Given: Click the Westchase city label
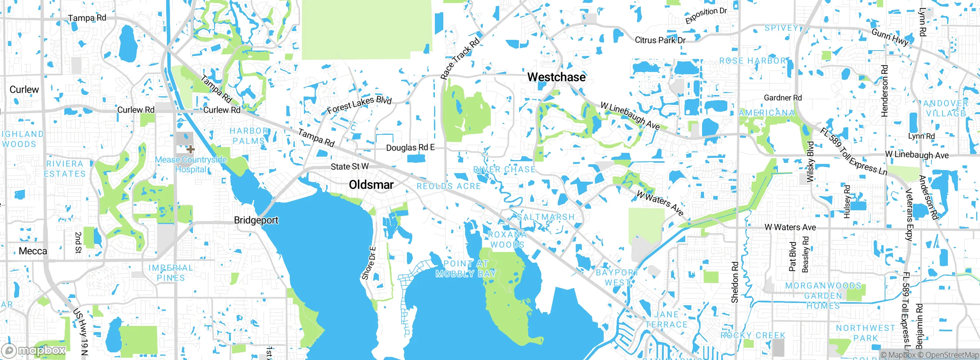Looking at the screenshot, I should (556, 77).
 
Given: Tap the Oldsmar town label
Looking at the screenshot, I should (371, 185).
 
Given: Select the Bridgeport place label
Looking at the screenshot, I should (256, 220).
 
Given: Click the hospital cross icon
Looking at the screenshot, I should (190, 149).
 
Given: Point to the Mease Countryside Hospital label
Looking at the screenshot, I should (191, 164).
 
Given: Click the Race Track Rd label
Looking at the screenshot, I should (459, 59).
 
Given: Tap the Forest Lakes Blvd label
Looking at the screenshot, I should (359, 105).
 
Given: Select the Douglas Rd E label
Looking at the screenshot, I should (410, 147).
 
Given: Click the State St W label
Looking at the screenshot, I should (350, 167).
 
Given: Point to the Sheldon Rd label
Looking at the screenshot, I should (735, 282).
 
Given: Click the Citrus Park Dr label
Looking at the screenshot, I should (660, 40).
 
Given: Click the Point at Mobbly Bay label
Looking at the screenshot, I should (466, 268).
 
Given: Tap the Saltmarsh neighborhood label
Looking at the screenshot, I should (546, 217).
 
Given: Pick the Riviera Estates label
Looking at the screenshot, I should (65, 169).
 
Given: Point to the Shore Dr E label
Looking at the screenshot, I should (369, 263).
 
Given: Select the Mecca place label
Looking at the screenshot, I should (33, 251).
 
